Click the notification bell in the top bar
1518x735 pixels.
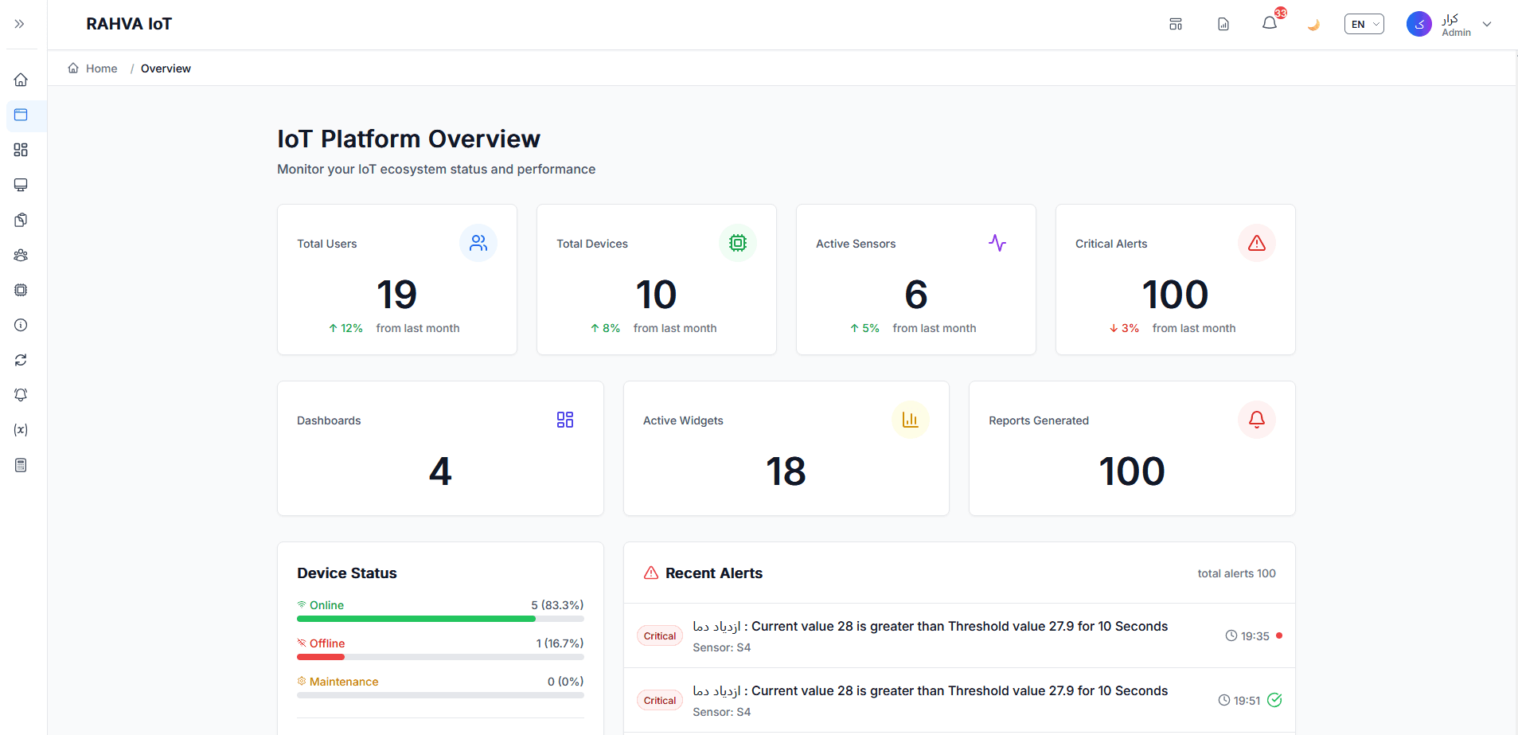click(1270, 24)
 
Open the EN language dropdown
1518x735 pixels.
click(1364, 24)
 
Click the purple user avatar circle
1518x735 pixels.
click(1418, 24)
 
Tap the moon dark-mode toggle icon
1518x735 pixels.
click(1313, 24)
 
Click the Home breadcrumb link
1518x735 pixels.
click(101, 68)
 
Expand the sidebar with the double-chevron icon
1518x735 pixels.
click(19, 24)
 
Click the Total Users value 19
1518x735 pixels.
click(396, 295)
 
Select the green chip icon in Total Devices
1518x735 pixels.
click(738, 243)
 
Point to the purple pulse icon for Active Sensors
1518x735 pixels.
click(997, 243)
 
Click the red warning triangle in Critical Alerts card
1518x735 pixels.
click(1257, 243)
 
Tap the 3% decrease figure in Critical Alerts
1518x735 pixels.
click(1124, 328)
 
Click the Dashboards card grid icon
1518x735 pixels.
click(565, 420)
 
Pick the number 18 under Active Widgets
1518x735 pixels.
click(786, 471)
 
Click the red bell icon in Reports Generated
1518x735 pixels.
click(1257, 420)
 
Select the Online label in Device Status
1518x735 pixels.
click(326, 605)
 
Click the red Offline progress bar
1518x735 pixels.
click(321, 657)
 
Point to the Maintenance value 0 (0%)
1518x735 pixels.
click(565, 682)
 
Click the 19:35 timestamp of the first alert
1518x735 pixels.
click(1255, 636)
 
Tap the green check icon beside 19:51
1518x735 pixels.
click(1274, 700)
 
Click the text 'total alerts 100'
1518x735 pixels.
click(1236, 573)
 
